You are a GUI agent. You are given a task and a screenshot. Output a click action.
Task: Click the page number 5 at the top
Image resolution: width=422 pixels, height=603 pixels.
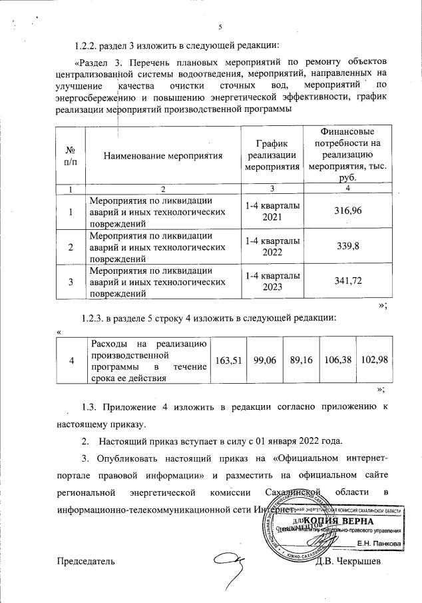pos(218,27)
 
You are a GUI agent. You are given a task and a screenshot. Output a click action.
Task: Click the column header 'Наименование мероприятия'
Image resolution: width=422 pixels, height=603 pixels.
pos(162,157)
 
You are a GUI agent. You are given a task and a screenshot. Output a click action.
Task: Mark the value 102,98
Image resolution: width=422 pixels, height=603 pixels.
pos(373,360)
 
